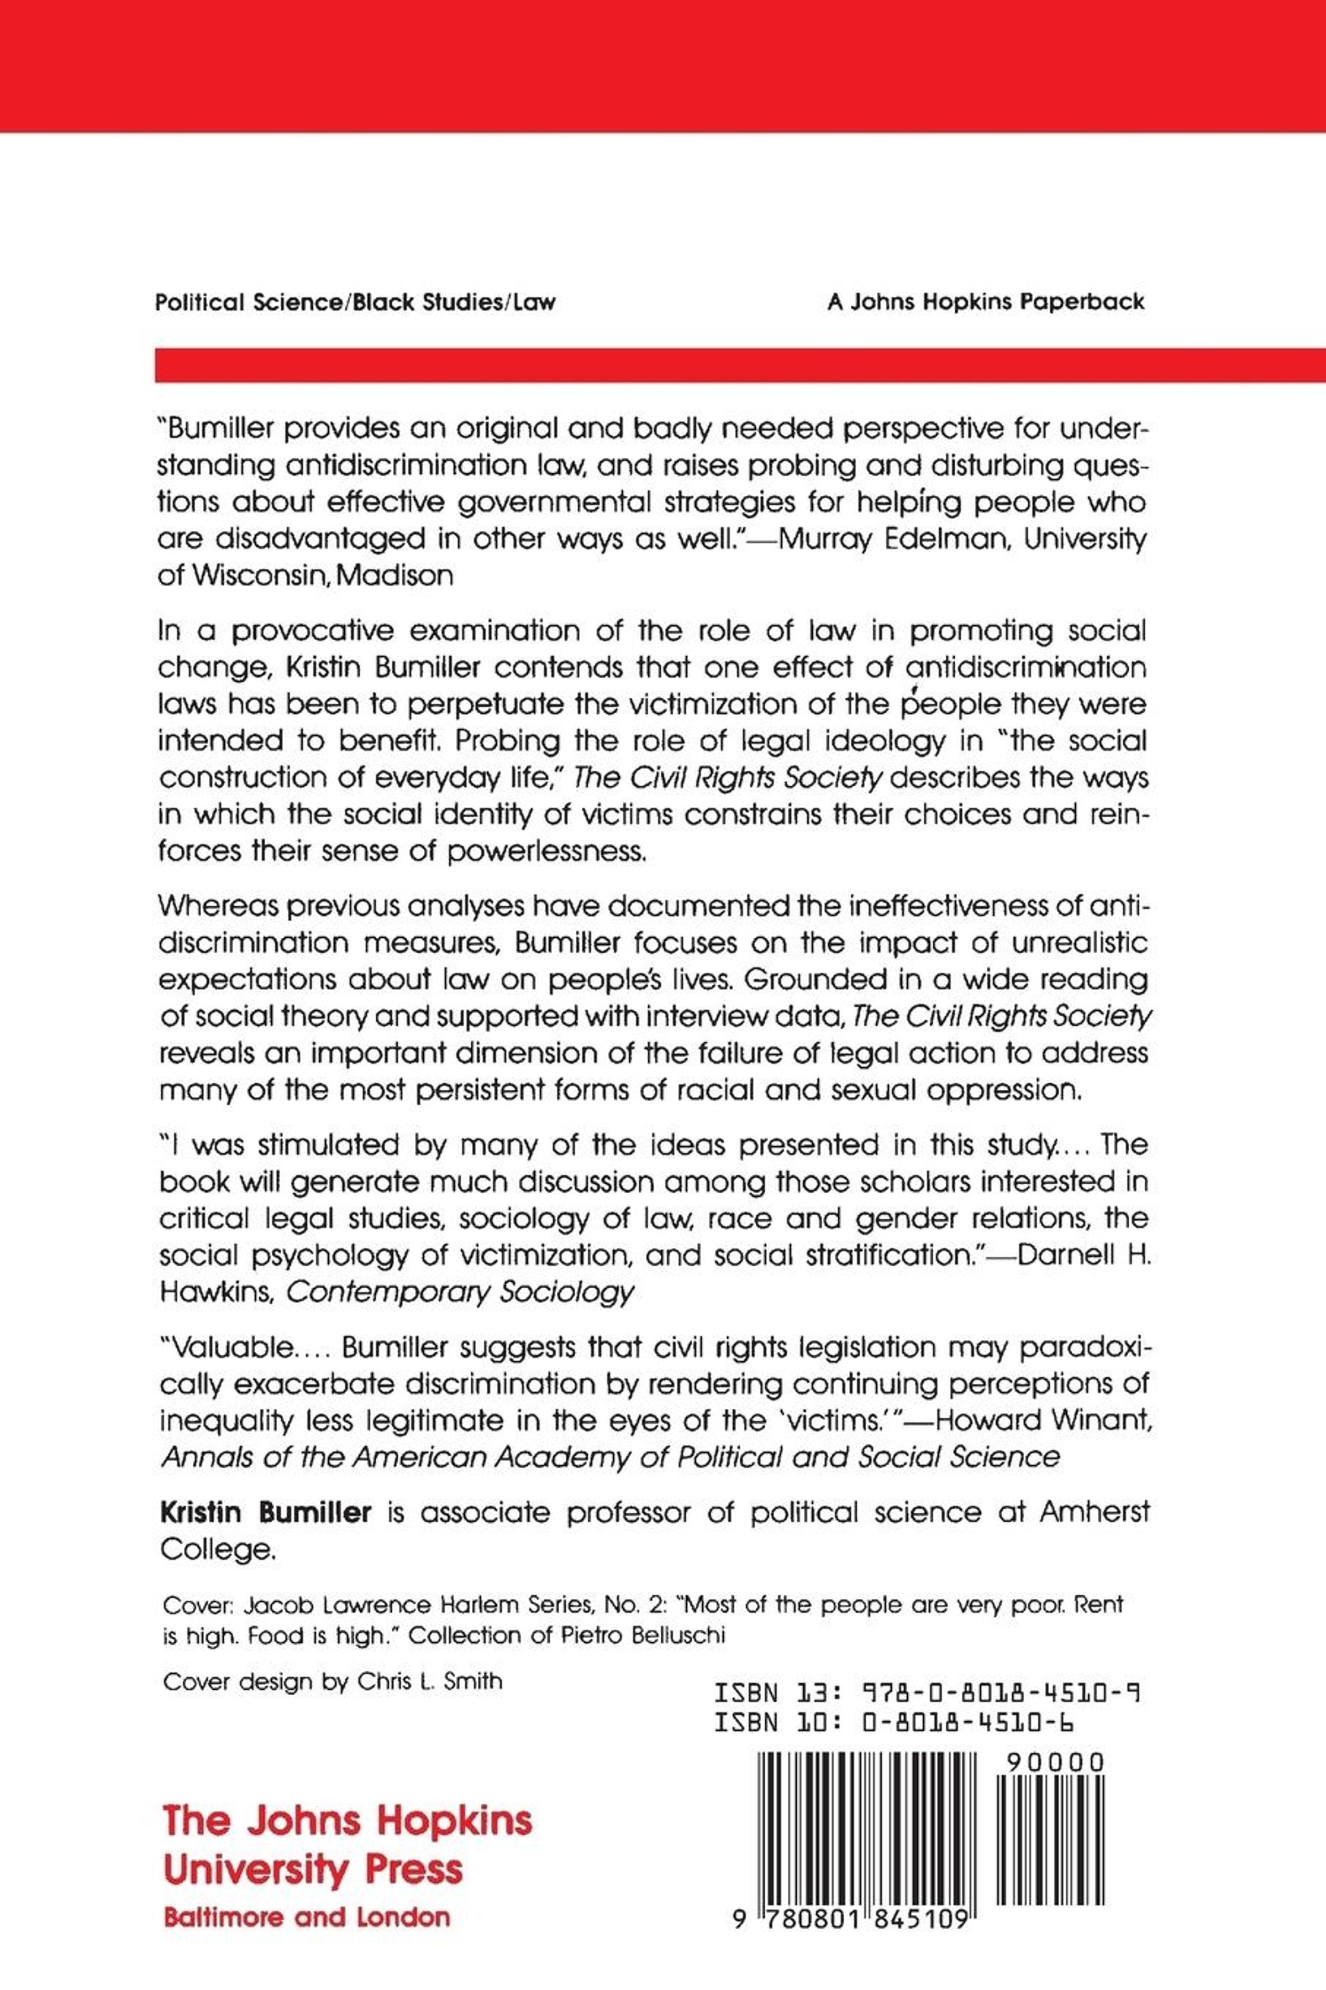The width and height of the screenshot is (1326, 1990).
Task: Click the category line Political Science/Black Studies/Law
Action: click(x=355, y=302)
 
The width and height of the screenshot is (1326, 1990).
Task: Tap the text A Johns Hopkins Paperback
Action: click(x=985, y=302)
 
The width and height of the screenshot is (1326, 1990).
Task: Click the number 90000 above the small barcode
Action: click(x=1055, y=1762)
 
